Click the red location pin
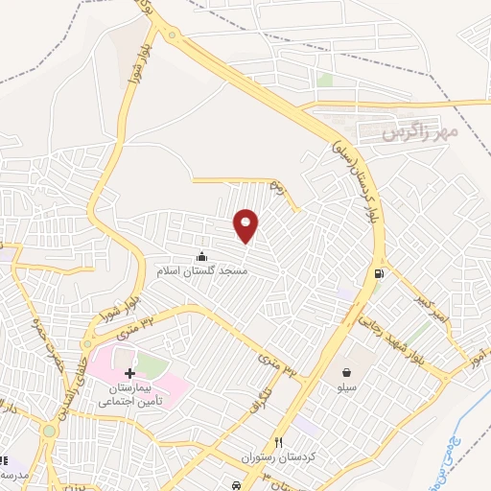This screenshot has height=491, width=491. tap(246, 224)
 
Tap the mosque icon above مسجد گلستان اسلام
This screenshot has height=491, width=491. tap(201, 256)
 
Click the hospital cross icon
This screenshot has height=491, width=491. tap(130, 371)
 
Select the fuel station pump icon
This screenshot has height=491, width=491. tap(380, 274)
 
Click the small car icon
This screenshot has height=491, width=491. tap(237, 485)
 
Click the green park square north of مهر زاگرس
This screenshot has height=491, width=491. tap(325, 81)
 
